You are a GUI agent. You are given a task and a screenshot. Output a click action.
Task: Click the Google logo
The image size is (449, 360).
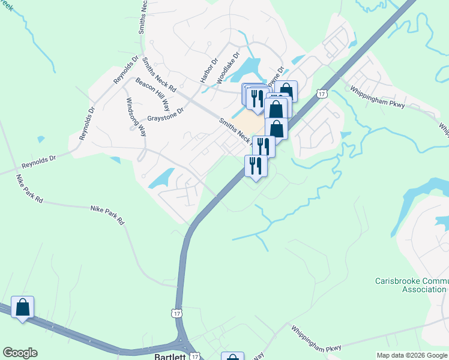(20, 353)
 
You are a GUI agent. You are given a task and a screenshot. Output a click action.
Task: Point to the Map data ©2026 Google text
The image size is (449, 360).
(411, 355)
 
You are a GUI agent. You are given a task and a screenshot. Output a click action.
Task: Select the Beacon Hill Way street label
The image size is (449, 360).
(152, 93)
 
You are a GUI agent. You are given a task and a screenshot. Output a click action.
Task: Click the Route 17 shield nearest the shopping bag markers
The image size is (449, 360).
(322, 94)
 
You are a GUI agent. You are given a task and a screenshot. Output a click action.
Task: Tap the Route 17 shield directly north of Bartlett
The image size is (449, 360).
(176, 313)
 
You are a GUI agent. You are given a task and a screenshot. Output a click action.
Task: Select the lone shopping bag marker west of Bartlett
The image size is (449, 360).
(23, 308)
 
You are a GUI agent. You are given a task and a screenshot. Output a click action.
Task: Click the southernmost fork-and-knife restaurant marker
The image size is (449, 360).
(256, 166)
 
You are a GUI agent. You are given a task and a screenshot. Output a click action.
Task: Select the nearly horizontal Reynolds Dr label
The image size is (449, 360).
(38, 161)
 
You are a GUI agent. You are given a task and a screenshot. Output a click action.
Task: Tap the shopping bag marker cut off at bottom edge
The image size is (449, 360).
(232, 356)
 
